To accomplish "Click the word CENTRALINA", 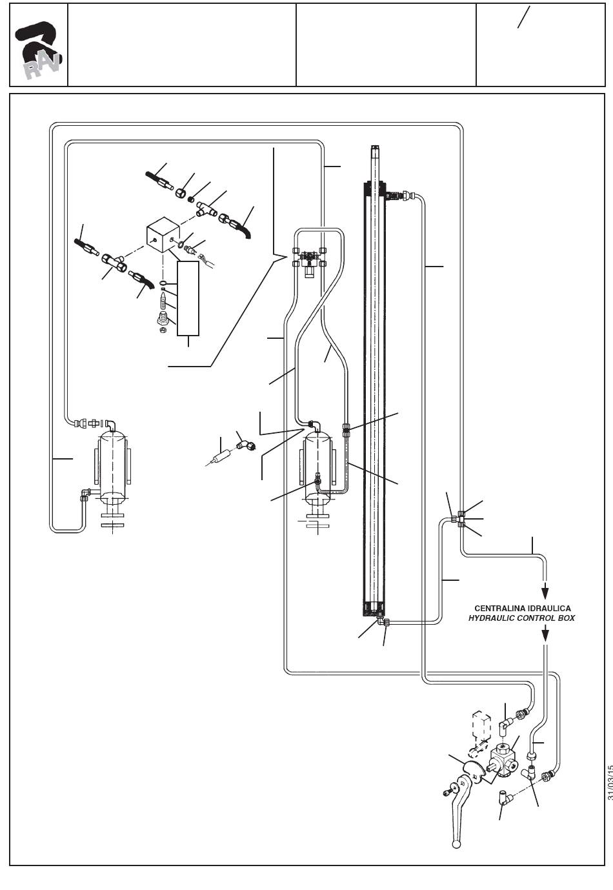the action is tap(497, 609).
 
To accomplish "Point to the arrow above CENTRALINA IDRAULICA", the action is tap(545, 591).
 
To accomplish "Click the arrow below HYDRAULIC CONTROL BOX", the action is tap(546, 633).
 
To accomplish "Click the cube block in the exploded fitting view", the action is tap(163, 235).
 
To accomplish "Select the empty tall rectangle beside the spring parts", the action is tap(188, 298).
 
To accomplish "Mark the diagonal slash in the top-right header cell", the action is tap(523, 17).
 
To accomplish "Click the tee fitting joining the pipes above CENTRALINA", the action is tap(461, 519).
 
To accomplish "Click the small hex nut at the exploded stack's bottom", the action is tap(163, 330).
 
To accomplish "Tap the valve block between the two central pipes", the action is tap(308, 262).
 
